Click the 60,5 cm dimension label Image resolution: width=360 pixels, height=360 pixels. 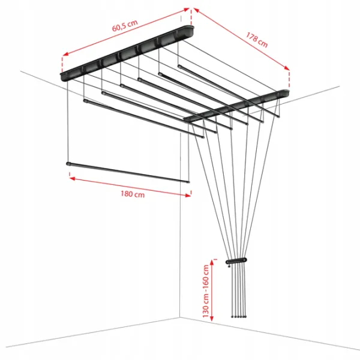[125, 25]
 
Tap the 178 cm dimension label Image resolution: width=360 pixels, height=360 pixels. [257, 40]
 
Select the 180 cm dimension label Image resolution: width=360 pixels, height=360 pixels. [133, 194]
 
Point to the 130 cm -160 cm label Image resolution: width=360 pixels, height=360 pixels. [206, 291]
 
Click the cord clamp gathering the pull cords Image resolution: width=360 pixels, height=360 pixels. [236, 261]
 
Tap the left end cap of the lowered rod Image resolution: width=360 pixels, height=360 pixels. [68, 164]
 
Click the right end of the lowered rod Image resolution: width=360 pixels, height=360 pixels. [188, 182]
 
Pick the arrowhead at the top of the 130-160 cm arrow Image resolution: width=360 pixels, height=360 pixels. [212, 262]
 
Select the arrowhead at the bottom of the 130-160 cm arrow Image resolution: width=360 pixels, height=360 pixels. [212, 318]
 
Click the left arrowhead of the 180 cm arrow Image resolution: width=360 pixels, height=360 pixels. [73, 178]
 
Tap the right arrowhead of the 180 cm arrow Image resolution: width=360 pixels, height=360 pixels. [188, 196]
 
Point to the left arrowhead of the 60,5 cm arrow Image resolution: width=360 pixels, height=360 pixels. [65, 54]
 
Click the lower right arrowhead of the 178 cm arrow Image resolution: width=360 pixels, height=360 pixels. [287, 68]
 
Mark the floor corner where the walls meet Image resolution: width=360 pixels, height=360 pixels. [179, 317]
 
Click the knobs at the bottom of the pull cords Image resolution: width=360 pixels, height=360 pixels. [239, 317]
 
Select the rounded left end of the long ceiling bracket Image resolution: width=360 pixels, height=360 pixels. [63, 77]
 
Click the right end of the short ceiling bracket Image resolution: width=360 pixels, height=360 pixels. [286, 92]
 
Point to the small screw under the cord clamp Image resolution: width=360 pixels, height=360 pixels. [229, 266]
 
